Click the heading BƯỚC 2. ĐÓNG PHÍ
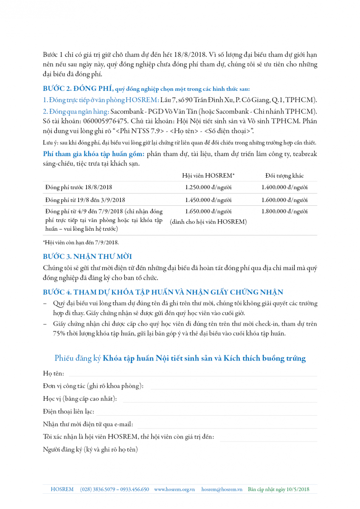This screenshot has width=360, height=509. click(x=78, y=89)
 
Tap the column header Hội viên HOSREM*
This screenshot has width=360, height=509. click(x=208, y=176)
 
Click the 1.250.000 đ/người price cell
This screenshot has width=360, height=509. click(x=208, y=187)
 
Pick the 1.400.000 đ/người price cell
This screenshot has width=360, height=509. click(x=284, y=187)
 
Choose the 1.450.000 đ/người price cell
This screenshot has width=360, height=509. click(x=208, y=200)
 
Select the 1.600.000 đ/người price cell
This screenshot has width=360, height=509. click(x=284, y=200)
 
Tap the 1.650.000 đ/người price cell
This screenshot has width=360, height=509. click(x=208, y=211)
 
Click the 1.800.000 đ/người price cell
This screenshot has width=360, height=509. click(x=284, y=211)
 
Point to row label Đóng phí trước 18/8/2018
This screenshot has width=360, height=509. click(x=79, y=187)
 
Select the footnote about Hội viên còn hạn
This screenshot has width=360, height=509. click(x=81, y=242)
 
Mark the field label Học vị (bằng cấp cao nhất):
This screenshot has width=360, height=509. click(x=80, y=399)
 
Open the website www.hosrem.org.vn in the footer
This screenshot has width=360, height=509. click(x=174, y=489)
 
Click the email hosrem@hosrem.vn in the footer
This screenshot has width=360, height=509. click(x=222, y=489)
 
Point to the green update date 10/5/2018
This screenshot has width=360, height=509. click(x=298, y=489)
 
